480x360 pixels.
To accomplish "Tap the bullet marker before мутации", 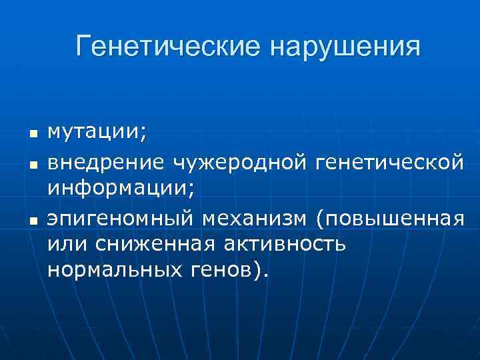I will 31,135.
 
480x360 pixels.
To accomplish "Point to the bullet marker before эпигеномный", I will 31,219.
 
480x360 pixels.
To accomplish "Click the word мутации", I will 93,133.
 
